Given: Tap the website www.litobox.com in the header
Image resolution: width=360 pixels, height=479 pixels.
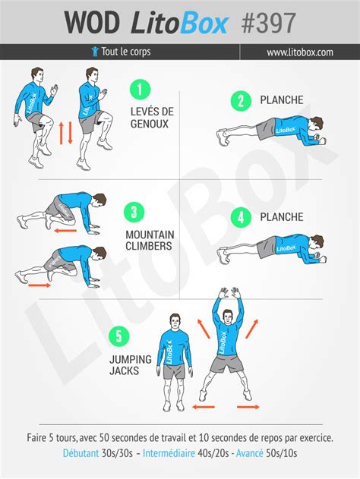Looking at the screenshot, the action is (300, 52).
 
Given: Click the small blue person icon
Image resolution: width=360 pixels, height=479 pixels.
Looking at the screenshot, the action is (95, 52).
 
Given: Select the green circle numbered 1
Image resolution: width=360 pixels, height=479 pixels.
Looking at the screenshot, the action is (140, 90).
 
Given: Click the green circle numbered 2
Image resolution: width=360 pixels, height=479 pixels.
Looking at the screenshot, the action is (241, 101).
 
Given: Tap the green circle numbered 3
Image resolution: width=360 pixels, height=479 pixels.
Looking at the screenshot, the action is (134, 212).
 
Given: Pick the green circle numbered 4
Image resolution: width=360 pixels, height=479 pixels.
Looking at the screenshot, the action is (241, 218).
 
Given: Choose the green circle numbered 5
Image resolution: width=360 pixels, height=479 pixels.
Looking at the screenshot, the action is (119, 336).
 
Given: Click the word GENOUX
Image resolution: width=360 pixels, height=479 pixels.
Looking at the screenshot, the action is (150, 124).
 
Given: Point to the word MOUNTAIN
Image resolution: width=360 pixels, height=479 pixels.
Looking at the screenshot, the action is (150, 235).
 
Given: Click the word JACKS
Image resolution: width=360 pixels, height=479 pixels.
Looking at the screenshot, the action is (124, 371).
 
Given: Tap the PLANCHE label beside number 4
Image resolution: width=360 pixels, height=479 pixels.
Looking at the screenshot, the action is (282, 217).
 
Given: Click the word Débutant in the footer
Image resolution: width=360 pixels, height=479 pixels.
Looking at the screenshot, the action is (81, 452).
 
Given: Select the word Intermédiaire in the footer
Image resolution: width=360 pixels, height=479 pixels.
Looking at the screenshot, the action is (169, 452).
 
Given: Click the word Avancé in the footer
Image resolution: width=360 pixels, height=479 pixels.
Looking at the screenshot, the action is (249, 452).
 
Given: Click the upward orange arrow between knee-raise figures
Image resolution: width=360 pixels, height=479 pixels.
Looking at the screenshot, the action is (61, 133).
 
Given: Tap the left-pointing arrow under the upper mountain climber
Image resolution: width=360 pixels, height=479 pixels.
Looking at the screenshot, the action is (65, 231).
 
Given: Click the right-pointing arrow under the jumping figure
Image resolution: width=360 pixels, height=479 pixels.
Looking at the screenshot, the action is (248, 407).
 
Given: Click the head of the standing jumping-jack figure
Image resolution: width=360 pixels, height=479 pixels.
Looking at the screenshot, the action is (175, 322).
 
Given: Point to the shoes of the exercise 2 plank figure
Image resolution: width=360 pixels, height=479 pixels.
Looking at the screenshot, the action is (223, 137).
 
